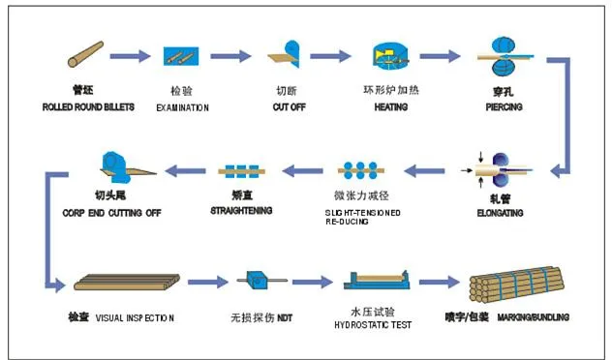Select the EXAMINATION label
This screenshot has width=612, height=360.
(x=182, y=106)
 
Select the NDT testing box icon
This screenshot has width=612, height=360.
(x=260, y=282)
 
